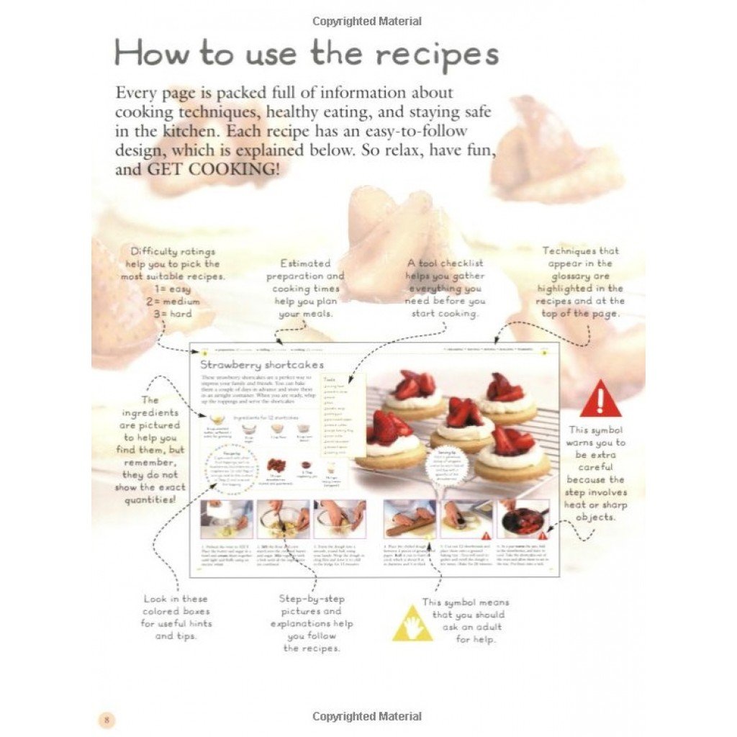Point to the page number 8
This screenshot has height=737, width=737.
click(x=107, y=720)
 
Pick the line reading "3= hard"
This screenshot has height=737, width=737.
click(x=171, y=314)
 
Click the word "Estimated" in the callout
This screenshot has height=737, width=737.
click(x=305, y=263)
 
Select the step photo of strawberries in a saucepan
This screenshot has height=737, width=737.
click(x=523, y=518)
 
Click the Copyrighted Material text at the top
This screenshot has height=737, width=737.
click(x=368, y=21)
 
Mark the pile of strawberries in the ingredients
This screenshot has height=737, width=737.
click(x=276, y=466)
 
